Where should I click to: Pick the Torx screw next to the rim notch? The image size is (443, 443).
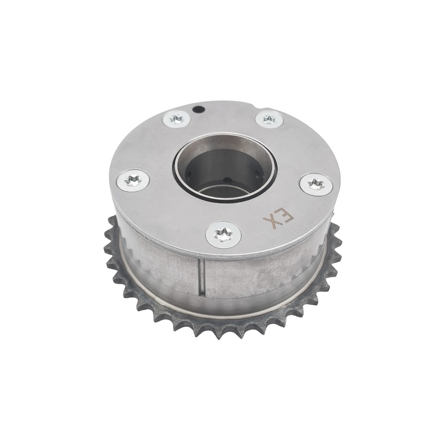[x=269, y=120]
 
